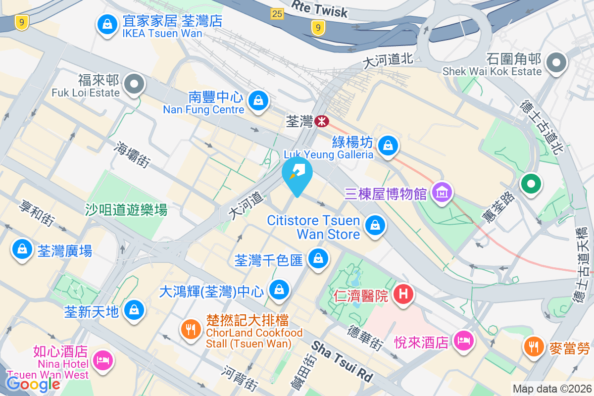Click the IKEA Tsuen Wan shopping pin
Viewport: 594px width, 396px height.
(106, 24)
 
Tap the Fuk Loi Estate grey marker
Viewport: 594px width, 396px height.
(133, 85)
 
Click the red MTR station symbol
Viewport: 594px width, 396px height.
(322, 121)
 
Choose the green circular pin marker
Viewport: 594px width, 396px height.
(531, 184)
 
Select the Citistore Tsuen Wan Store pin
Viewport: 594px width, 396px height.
(375, 226)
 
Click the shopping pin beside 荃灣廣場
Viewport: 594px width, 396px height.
(22, 249)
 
